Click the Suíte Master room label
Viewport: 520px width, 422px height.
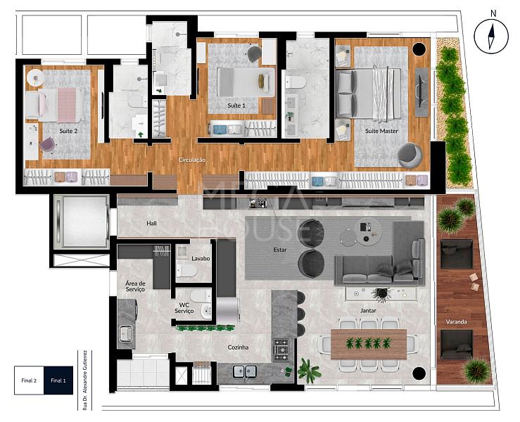point(381,131)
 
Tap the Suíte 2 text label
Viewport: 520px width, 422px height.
point(68,131)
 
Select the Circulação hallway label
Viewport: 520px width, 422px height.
point(192,160)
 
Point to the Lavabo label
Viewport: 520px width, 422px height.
point(201,259)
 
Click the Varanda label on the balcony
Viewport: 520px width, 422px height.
point(457,322)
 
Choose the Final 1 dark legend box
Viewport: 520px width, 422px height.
point(58,381)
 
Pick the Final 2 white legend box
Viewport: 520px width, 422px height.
point(29,381)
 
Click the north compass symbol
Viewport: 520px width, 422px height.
point(491,36)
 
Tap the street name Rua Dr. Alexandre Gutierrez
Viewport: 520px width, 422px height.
point(85,381)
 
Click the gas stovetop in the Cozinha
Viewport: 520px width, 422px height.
point(281,350)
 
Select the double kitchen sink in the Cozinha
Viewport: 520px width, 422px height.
point(244,371)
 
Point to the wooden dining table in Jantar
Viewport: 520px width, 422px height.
point(369,344)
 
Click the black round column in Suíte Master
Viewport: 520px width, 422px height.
point(419,49)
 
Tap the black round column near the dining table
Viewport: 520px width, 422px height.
point(419,373)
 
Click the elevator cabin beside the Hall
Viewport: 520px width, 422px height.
point(82,222)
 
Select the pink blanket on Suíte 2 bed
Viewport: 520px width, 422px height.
point(67,105)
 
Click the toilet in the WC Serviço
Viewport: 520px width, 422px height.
point(200,295)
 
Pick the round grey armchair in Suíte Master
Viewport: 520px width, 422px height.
point(410,155)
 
